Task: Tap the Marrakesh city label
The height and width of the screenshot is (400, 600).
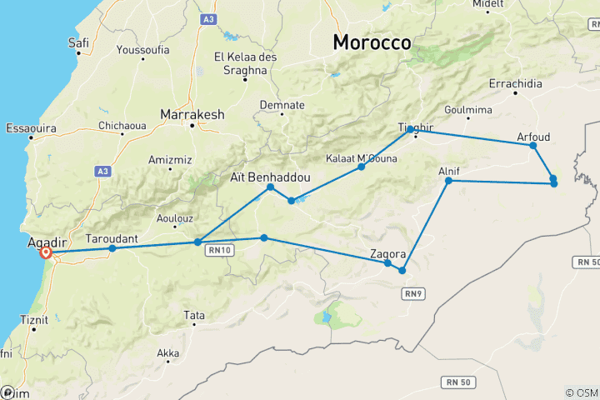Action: (193, 115)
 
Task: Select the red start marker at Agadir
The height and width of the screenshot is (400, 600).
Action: (47, 252)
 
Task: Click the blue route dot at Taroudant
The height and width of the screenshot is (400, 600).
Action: (112, 248)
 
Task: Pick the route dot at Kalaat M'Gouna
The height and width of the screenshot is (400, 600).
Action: (362, 167)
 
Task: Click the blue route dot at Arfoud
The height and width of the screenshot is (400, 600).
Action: (533, 146)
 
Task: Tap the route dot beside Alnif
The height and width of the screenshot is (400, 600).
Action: (448, 181)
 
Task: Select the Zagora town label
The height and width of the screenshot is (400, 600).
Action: (388, 253)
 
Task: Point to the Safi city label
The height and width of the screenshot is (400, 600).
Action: (79, 42)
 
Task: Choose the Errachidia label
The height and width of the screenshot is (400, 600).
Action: (516, 84)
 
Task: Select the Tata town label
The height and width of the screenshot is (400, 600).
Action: (194, 315)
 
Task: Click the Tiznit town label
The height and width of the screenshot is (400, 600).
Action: (33, 319)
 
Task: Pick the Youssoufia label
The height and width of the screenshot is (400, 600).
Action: (142, 50)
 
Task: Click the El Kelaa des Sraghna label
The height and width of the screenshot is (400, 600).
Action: (241, 63)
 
